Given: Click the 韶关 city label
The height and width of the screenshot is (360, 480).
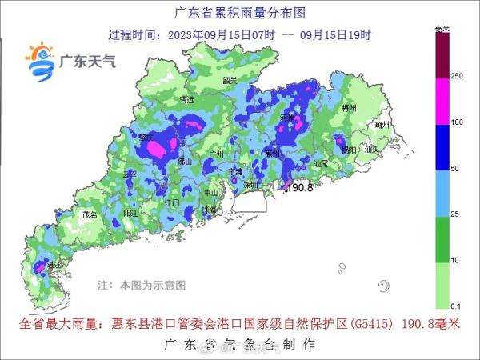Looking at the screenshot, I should (230, 81).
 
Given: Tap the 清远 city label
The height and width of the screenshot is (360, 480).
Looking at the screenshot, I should (188, 100).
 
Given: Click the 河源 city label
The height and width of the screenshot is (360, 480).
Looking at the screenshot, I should (287, 118).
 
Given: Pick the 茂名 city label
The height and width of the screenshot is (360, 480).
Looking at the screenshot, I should (89, 215).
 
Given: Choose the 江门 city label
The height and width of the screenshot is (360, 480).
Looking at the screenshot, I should (171, 203).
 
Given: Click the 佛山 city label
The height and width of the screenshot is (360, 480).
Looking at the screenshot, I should (185, 161).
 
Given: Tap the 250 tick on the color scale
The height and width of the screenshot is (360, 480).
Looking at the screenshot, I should (457, 77).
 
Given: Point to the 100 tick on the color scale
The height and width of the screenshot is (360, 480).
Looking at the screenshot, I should (457, 123).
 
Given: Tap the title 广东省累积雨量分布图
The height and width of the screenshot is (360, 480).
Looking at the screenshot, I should (240, 14).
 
